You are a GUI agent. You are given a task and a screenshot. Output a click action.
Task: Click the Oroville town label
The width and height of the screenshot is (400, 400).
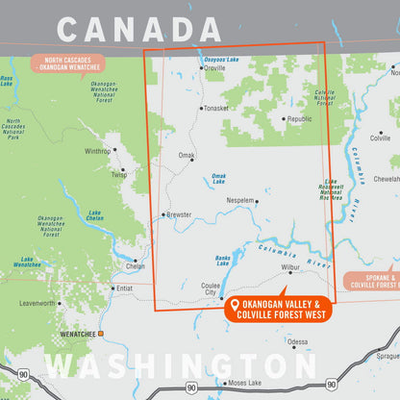(215, 68)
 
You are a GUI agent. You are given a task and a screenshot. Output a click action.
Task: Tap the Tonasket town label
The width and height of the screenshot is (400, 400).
(216, 108)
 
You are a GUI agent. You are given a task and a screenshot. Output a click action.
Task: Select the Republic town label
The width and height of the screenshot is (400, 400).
(299, 118)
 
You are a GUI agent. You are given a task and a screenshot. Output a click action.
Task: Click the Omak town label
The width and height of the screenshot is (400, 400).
(186, 155)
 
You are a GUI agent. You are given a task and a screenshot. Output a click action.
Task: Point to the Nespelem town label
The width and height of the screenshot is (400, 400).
(240, 201)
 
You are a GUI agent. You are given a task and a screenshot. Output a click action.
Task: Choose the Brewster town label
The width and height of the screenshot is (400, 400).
(178, 214)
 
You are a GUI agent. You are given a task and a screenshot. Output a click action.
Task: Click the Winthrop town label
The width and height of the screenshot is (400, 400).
(98, 151)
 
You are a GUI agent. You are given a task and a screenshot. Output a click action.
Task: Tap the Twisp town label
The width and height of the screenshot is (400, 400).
(118, 174)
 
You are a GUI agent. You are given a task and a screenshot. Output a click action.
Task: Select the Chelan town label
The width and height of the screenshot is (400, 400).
(135, 266)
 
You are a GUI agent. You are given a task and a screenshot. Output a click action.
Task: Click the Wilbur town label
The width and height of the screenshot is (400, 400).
(290, 267)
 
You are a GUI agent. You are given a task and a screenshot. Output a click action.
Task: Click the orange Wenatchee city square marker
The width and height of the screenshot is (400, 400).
(100, 334)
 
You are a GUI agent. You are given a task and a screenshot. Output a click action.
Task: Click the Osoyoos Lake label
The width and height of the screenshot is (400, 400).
(220, 60)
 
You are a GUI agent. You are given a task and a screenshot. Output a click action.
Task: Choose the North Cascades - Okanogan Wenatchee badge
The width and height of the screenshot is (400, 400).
(67, 64)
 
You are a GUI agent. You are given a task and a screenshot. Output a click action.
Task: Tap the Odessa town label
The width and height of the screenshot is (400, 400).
(298, 341)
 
